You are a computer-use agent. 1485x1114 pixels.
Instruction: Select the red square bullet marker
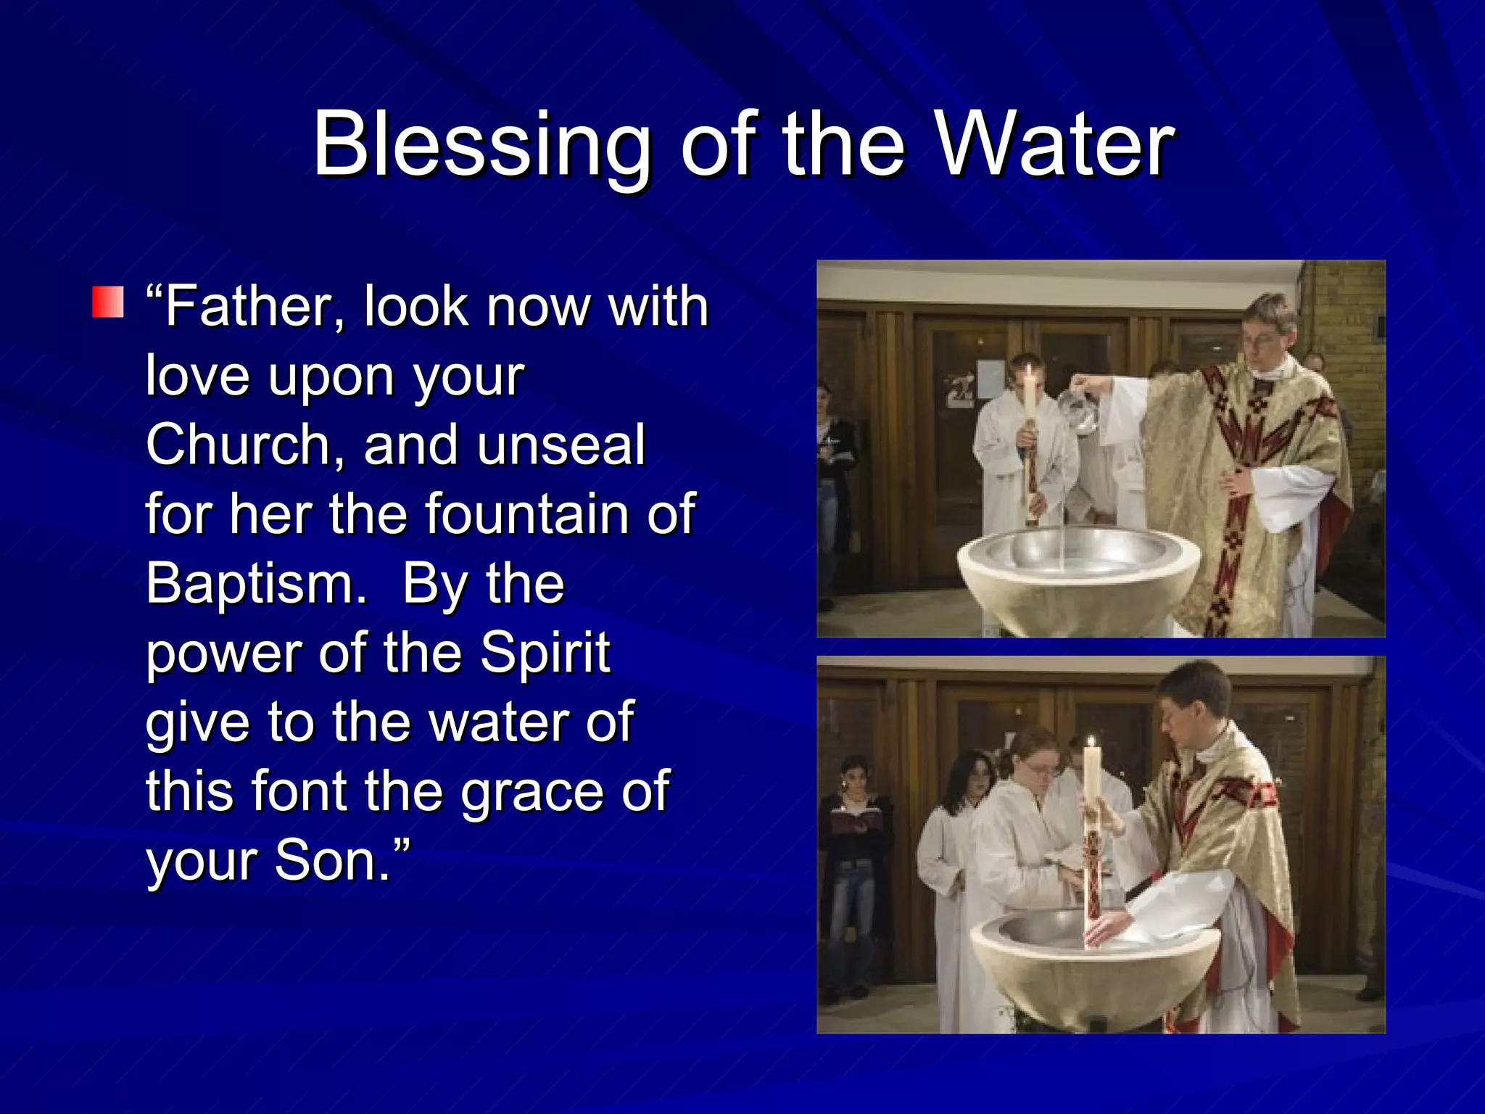click(x=108, y=302)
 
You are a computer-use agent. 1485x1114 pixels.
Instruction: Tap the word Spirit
click(x=545, y=652)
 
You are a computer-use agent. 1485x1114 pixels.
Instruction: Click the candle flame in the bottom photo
click(x=1091, y=744)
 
